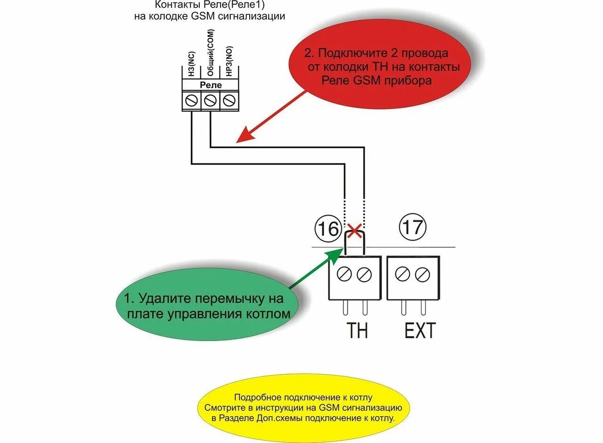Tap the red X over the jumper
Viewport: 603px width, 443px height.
(x=354, y=231)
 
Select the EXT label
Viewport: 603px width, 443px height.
(x=420, y=331)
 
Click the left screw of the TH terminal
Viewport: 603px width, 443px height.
(x=345, y=274)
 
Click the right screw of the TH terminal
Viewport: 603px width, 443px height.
(x=364, y=274)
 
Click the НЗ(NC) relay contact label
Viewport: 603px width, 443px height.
(x=191, y=65)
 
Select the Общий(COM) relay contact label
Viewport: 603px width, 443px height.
(x=210, y=59)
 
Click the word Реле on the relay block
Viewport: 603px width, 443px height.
(x=211, y=85)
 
